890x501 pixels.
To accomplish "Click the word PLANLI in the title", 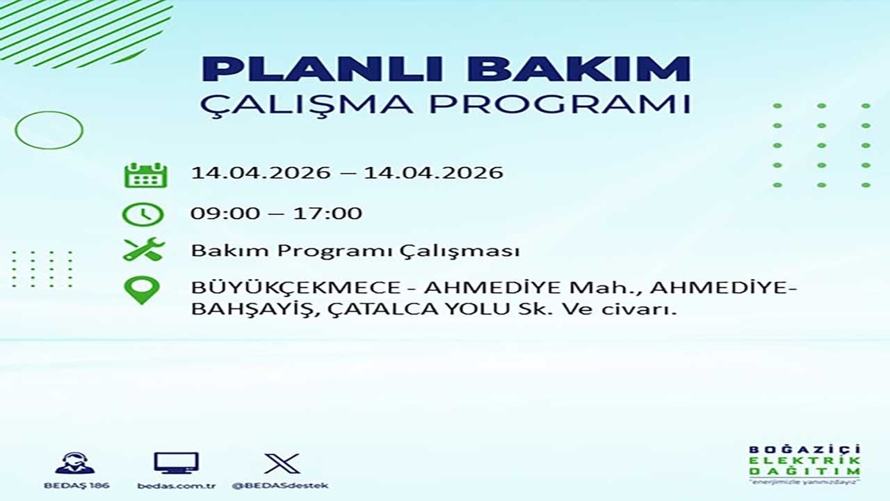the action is [322, 69].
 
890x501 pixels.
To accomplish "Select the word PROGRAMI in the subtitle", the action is [560, 104].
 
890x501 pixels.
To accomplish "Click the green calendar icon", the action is [146, 175].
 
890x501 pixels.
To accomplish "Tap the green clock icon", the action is [143, 215].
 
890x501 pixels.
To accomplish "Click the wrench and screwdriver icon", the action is [143, 249].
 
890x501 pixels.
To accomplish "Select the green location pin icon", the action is [142, 291].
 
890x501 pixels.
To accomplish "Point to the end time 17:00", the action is [327, 213].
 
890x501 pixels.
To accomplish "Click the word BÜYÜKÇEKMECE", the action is [296, 288].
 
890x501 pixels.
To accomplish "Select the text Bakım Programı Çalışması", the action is [355, 251].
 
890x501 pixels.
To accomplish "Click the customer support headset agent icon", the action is [75, 463].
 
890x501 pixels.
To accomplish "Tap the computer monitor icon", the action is [177, 463].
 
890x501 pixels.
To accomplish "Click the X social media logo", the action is [282, 463].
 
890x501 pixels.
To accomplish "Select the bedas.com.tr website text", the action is [177, 486].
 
